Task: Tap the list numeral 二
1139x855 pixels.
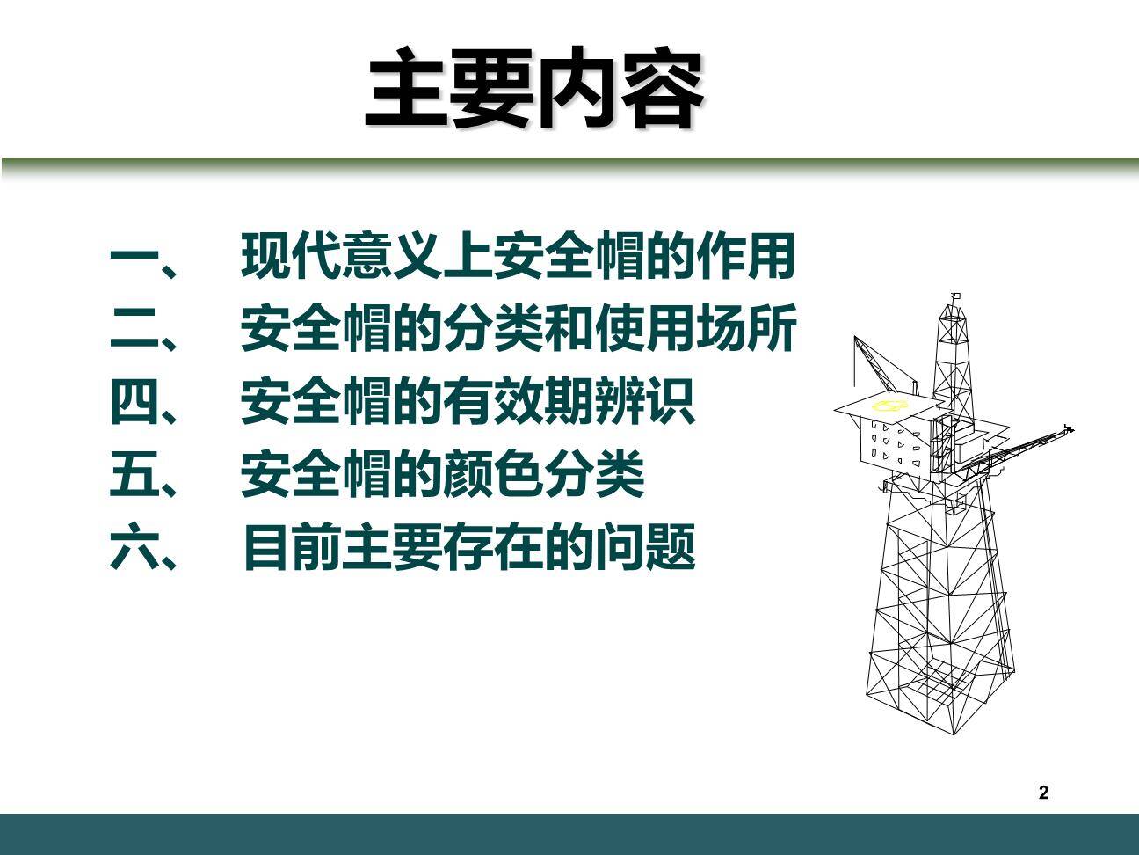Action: pos(134,331)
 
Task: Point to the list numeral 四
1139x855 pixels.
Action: pos(134,403)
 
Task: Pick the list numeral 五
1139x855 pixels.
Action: pos(134,475)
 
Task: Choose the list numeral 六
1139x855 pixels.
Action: pos(134,547)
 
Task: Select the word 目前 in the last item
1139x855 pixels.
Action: pos(291,547)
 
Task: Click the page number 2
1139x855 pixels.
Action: pos(1043,793)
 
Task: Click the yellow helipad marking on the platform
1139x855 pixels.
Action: pos(889,406)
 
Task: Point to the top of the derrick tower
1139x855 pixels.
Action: pos(954,299)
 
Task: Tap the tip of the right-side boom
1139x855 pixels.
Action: pos(1069,428)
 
